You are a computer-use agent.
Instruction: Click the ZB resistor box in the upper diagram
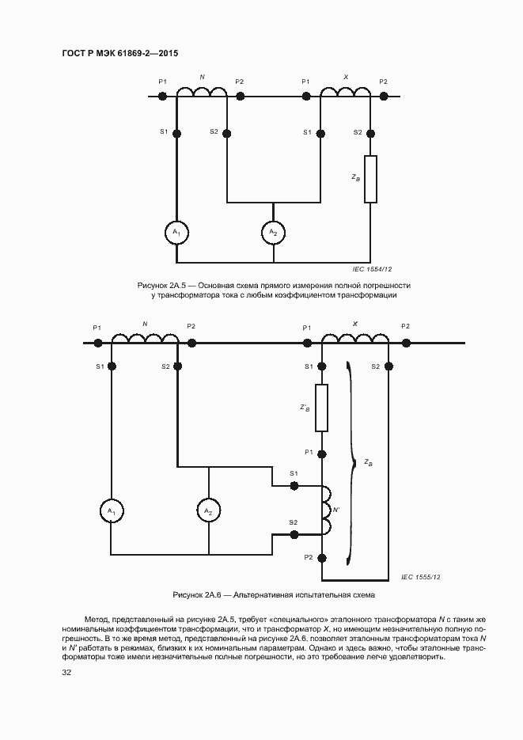click(370, 179)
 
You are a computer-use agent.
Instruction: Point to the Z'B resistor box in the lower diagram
click(322, 408)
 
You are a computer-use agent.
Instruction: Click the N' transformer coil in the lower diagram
click(325, 509)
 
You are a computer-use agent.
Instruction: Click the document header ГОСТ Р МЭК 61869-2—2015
click(119, 53)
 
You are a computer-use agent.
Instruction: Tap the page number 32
click(66, 673)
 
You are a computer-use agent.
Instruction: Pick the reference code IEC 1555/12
click(420, 578)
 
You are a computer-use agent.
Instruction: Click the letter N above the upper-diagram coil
click(203, 78)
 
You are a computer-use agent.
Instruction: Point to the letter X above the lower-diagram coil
click(355, 324)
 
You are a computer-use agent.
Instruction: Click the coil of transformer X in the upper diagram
click(345, 92)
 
